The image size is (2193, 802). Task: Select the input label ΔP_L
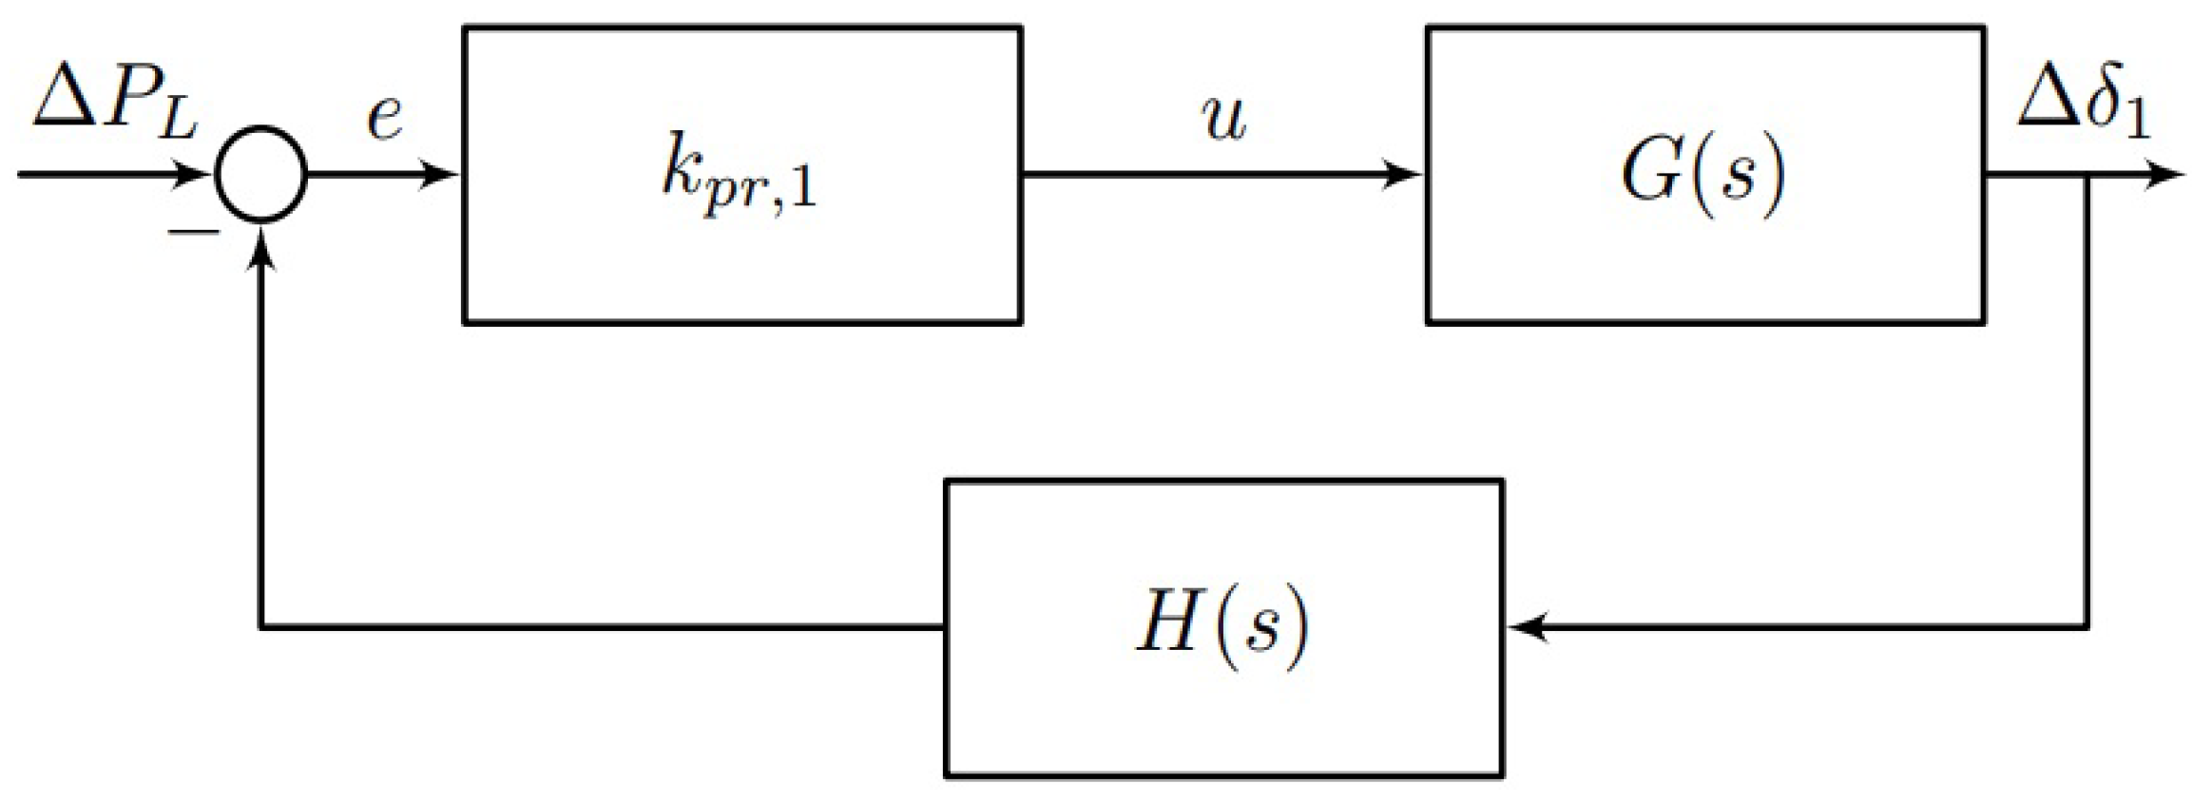coord(114,105)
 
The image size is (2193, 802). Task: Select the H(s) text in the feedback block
coord(1222,626)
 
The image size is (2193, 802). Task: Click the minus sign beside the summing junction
coord(194,231)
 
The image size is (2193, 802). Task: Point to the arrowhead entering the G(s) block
coord(1407,176)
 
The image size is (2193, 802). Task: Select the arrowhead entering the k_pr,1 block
coord(443,176)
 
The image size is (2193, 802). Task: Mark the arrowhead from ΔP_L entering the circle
coord(197,176)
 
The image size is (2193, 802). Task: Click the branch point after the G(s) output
coord(2086,176)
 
